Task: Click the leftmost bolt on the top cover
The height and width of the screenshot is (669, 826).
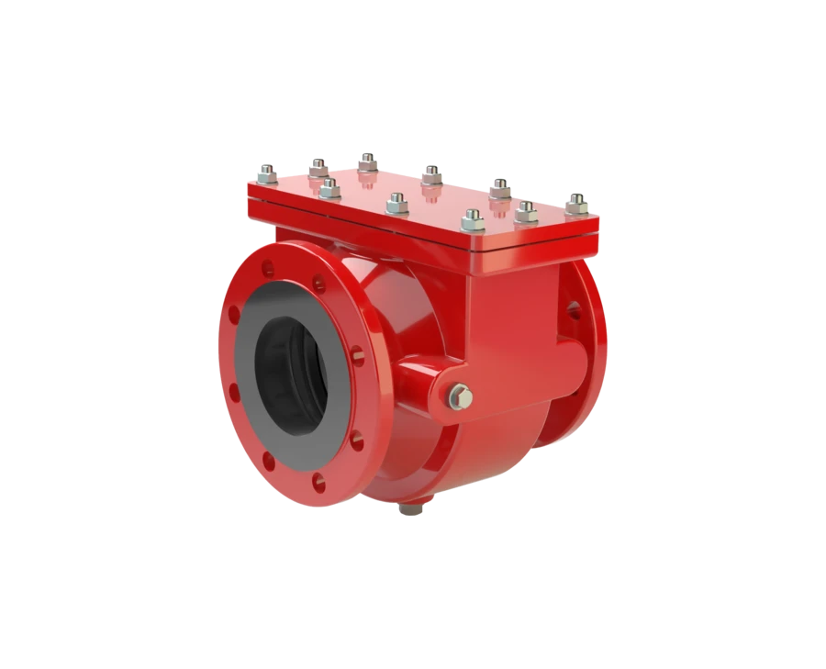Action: coord(267,172)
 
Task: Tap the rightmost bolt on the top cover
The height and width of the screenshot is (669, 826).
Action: coord(576,204)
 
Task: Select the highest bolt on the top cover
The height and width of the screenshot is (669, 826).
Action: coord(367,162)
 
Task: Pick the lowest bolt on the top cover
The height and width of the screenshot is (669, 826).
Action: coord(473,220)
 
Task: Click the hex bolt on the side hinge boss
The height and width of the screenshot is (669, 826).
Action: coord(462,397)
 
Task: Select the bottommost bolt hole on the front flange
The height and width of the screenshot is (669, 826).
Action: coord(318,481)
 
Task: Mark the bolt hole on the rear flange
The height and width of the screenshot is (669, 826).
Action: coord(575,309)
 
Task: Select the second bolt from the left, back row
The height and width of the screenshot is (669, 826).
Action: coord(318,167)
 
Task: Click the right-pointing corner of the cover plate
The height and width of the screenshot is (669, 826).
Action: coord(598,221)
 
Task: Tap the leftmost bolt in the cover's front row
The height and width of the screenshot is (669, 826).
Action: coord(329,190)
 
